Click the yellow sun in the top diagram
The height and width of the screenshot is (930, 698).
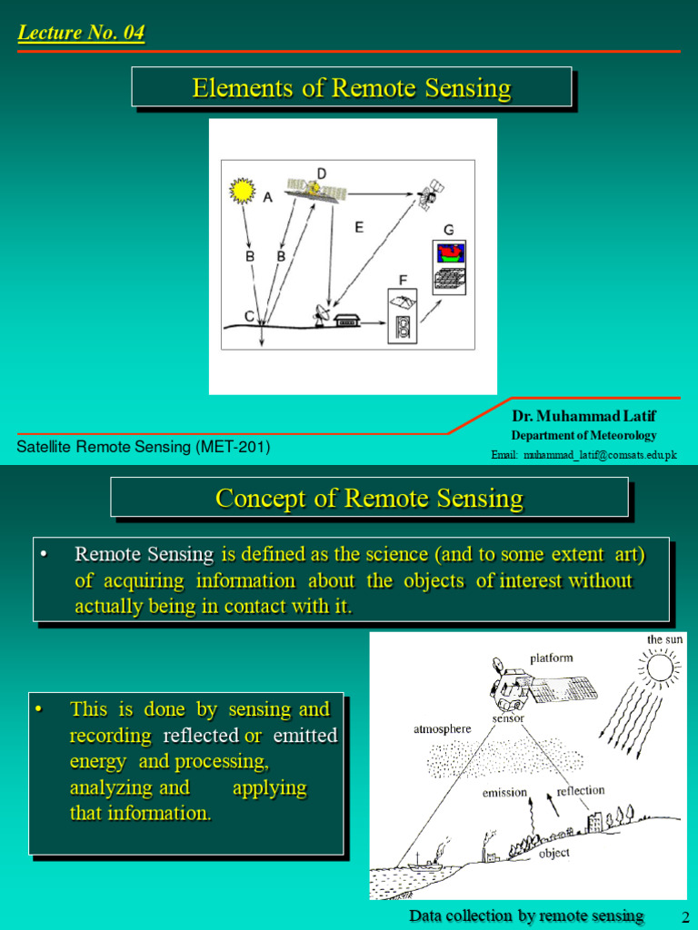[242, 190]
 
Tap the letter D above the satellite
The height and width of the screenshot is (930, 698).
[321, 173]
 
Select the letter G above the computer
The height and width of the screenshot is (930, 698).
[449, 230]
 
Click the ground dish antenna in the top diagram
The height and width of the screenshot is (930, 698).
[322, 315]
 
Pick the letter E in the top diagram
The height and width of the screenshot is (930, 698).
[359, 227]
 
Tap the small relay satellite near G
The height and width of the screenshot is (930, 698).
[429, 194]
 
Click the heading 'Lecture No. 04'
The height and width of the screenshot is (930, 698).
[81, 34]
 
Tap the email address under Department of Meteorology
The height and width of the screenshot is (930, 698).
[584, 454]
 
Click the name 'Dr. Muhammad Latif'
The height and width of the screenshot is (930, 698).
[583, 416]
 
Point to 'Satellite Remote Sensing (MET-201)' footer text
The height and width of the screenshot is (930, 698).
[144, 447]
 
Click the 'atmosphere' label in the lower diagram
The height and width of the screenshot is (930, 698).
[444, 728]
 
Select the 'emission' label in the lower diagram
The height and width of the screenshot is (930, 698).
[504, 792]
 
